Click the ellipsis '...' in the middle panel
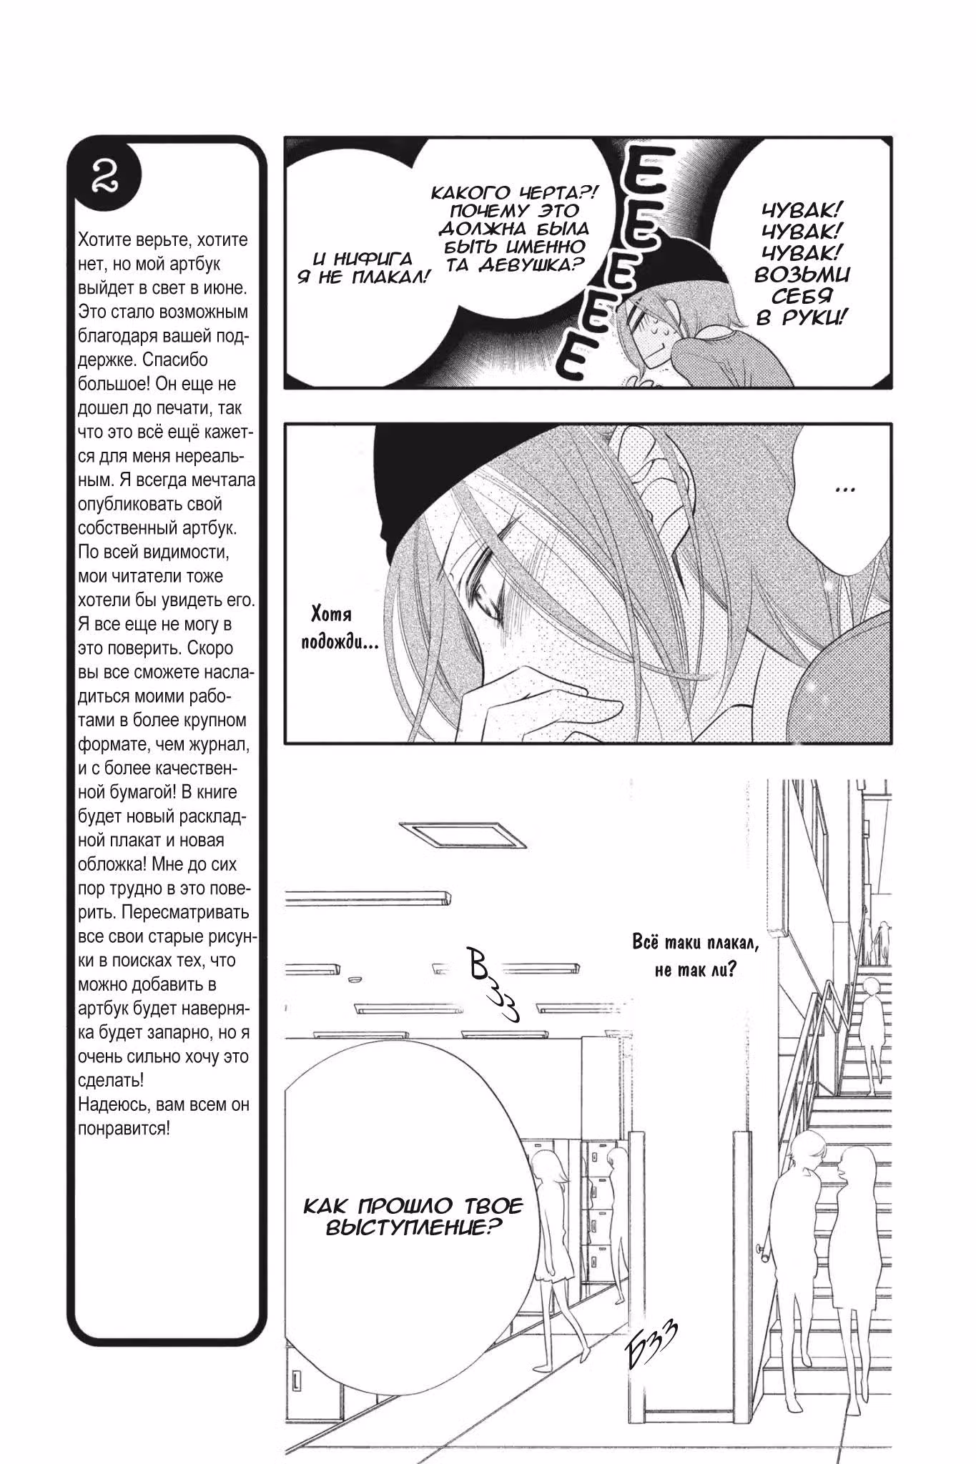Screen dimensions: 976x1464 click(x=845, y=489)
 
